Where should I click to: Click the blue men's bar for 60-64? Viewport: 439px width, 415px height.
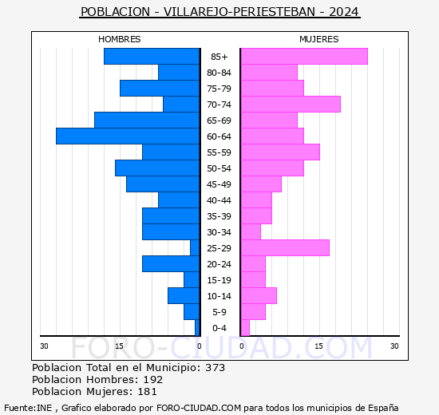(128, 136)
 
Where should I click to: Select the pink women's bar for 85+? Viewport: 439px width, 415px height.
(303, 57)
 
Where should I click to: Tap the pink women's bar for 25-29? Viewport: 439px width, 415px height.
(285, 248)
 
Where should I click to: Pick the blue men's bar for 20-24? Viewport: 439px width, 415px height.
(171, 264)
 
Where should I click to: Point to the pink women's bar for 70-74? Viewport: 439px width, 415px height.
(291, 105)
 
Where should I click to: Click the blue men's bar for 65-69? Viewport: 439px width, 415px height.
(147, 121)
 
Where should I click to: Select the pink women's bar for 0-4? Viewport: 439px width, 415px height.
(245, 328)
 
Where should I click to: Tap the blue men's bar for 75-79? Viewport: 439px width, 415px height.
(160, 89)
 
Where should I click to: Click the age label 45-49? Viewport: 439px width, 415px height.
(219, 184)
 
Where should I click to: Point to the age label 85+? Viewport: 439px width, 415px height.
(219, 57)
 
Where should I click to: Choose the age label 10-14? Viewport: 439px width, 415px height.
(219, 296)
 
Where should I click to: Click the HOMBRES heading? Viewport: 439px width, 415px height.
(120, 39)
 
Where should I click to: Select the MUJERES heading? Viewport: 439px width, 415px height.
(318, 39)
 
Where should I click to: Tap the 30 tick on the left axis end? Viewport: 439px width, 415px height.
(45, 346)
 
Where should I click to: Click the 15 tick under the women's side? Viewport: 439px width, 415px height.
(318, 346)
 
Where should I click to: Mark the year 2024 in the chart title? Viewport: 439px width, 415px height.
(343, 12)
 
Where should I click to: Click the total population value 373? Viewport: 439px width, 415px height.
(215, 368)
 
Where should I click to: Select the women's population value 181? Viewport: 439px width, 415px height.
(146, 392)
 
